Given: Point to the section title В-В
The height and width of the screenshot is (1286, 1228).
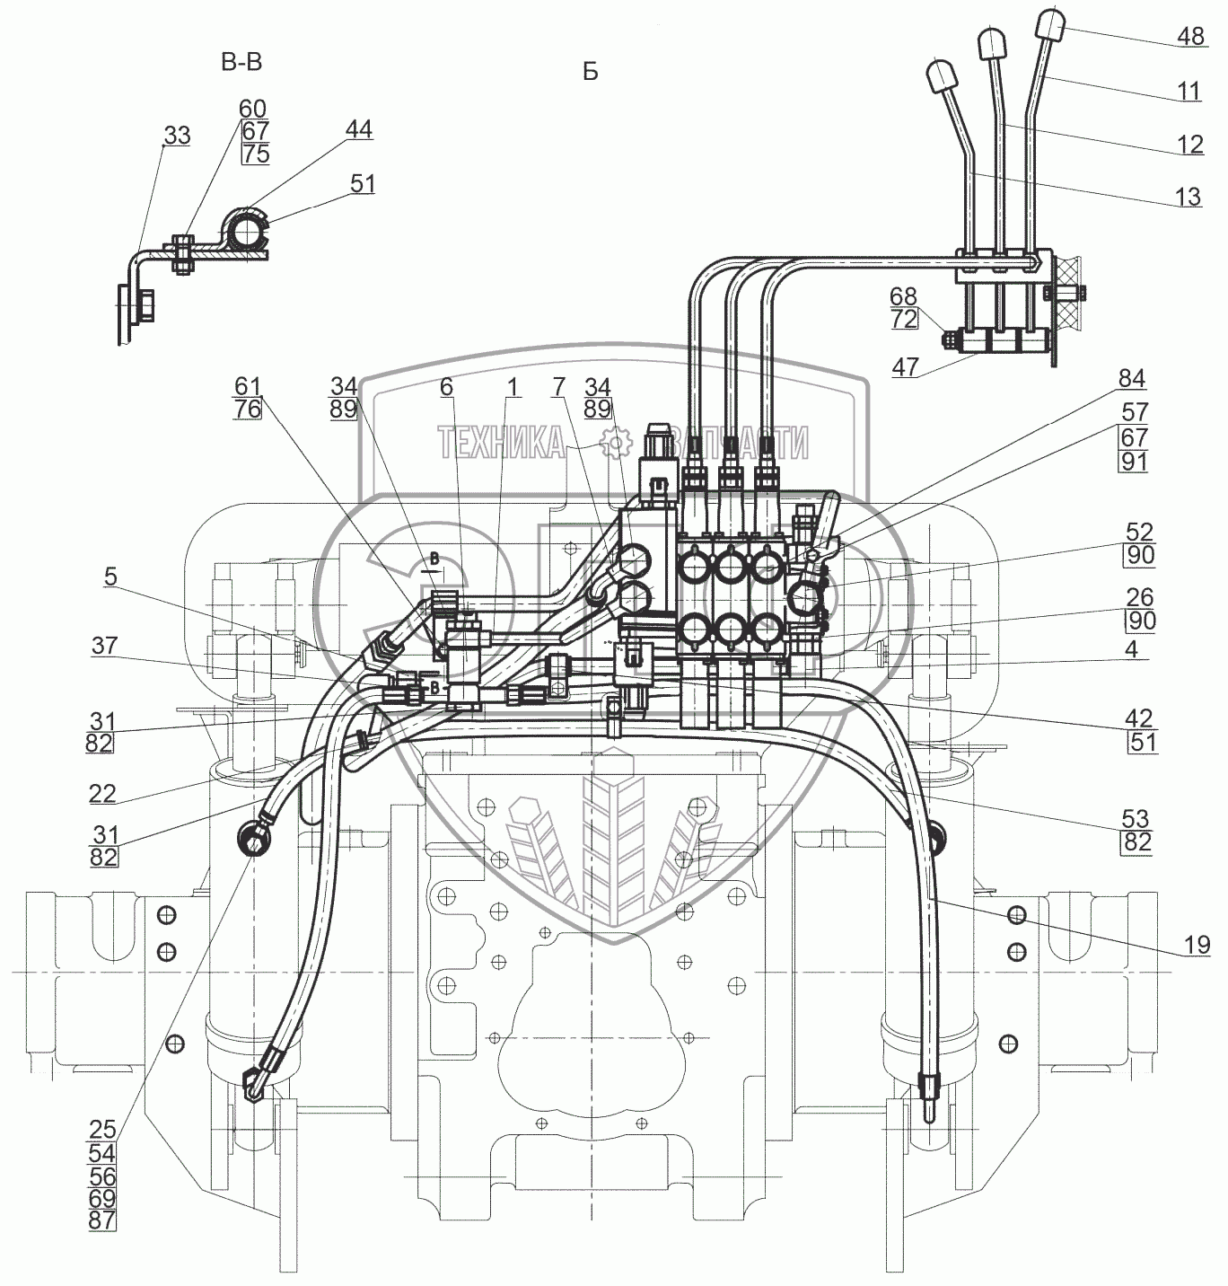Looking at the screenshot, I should pos(241,62).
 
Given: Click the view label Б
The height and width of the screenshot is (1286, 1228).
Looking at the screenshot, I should pos(590,72).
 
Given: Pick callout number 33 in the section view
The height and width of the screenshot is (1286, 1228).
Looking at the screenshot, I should pos(177,136).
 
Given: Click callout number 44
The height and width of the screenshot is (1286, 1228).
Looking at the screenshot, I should pos(358,130).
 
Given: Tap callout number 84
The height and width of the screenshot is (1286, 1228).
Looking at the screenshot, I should pos(1131,379).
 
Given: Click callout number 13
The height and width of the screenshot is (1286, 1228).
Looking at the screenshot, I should pos(1188,197).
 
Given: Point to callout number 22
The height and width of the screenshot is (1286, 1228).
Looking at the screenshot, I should pos(103,794).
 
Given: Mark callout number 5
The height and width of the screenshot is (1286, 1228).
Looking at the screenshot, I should pos(110,577).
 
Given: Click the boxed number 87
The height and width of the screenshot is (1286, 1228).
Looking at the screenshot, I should pos(102,1220).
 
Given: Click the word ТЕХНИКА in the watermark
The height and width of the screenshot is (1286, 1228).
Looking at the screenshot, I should pos(501,443).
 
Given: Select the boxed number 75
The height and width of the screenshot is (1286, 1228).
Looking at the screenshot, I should pos(255,154).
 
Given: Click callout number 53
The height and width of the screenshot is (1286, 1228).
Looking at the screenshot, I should pos(1136,818).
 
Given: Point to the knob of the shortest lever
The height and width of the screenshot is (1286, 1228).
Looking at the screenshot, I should pos(941,76).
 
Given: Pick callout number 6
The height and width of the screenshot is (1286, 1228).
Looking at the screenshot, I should pos(446,387).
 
